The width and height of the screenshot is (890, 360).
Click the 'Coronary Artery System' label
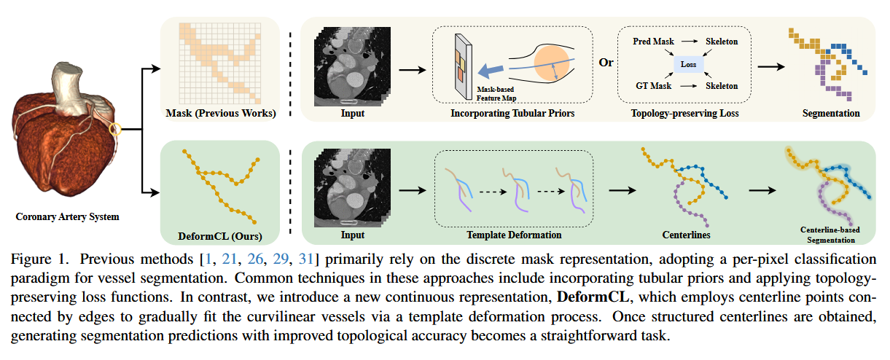click(66, 216)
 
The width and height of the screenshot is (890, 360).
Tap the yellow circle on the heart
click(114, 130)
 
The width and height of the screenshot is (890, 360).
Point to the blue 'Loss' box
click(689, 65)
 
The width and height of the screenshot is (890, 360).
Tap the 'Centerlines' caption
click(686, 235)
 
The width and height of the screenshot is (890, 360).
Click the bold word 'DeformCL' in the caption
click(588, 297)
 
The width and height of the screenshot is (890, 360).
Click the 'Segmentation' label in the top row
click(831, 114)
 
